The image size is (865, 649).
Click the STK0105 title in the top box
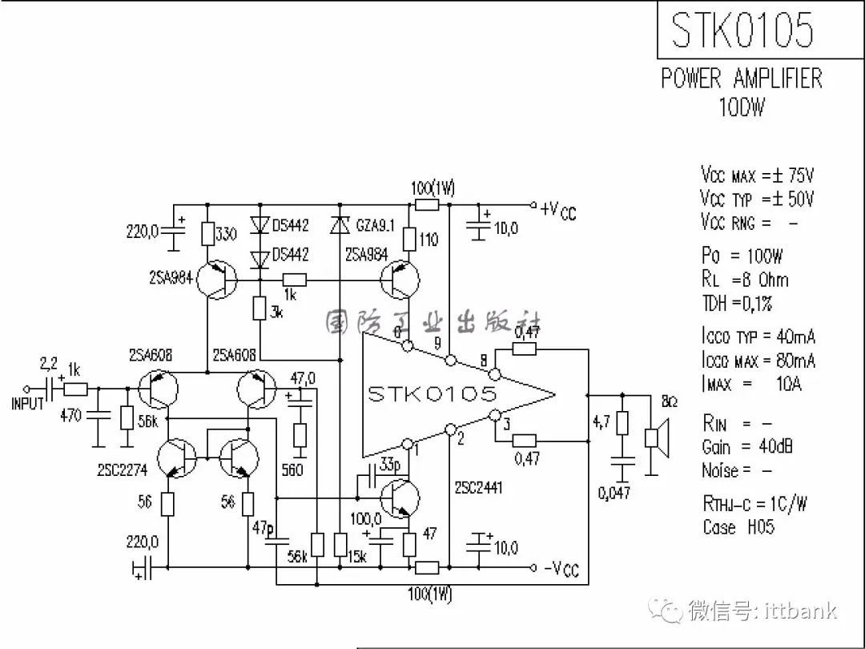[742, 30]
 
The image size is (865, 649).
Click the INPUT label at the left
[28, 403]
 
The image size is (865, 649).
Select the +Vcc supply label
[557, 210]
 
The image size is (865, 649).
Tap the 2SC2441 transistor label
[478, 487]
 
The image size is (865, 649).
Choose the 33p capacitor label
[390, 466]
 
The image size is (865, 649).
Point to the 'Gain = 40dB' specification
[747, 446]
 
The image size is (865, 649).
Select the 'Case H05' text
[739, 527]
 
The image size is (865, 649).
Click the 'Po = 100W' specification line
[742, 256]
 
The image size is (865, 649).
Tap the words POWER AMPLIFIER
[742, 79]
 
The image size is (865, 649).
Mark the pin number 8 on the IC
[482, 361]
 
